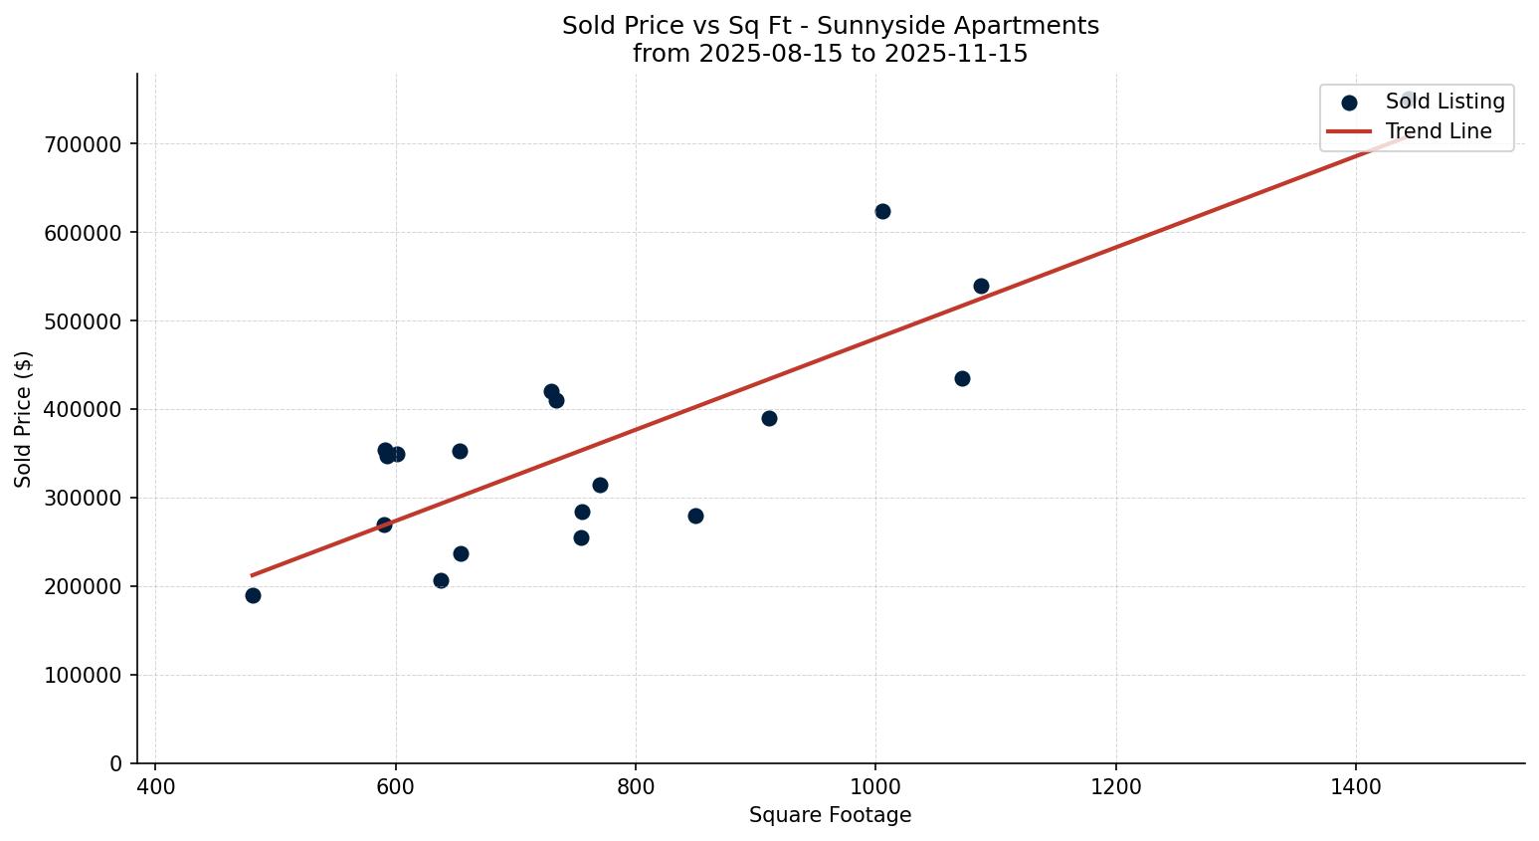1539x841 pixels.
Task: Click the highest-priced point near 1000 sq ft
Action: coord(882,211)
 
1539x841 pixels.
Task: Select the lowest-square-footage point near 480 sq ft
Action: coord(253,595)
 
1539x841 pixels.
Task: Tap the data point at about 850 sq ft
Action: coord(695,516)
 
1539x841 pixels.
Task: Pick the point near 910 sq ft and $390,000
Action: coord(769,418)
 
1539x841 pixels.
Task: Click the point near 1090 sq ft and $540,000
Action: coord(981,286)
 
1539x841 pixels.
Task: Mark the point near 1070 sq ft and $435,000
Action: coord(962,378)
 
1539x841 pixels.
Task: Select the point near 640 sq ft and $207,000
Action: coord(441,580)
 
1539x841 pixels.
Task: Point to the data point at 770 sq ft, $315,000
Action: coord(600,485)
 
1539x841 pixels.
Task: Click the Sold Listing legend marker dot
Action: coord(1349,103)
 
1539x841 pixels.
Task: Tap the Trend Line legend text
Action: coord(1439,131)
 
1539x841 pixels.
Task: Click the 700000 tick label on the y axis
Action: coord(83,144)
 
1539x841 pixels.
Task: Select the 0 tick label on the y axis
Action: coord(116,763)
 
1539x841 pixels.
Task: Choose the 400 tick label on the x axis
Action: coord(155,787)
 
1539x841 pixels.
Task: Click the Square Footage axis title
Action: coord(830,815)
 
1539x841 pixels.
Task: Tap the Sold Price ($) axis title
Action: coord(23,419)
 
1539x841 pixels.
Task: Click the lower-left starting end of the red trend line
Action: coord(253,574)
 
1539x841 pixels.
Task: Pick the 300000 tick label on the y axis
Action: coord(83,498)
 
